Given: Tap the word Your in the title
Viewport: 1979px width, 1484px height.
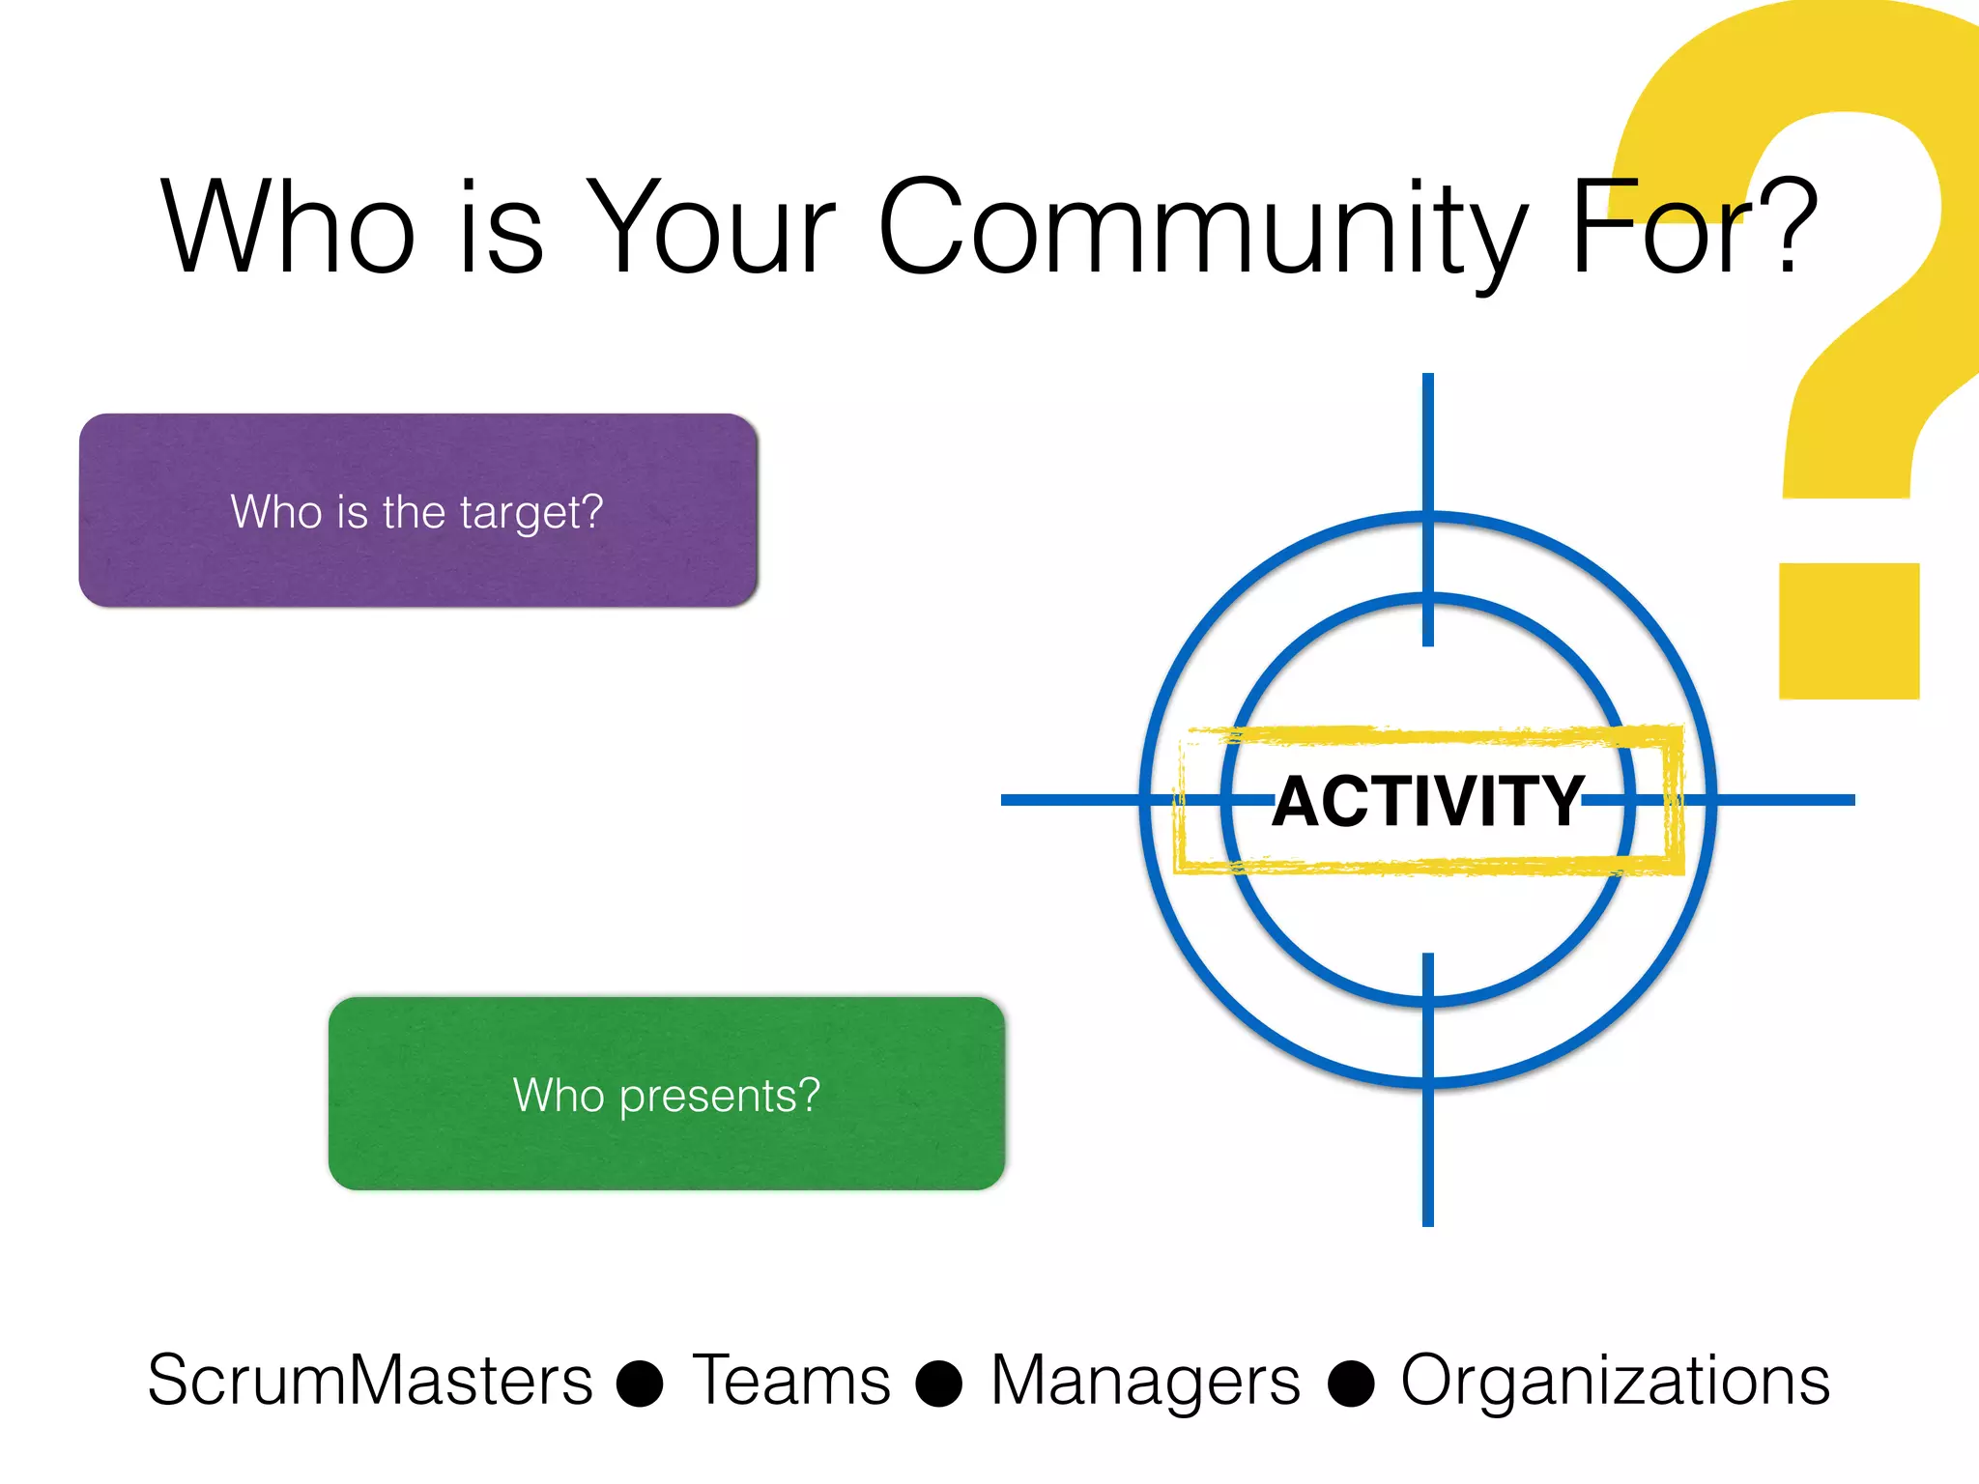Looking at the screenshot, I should pos(711,229).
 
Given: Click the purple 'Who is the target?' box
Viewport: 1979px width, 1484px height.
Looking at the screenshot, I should pos(417,511).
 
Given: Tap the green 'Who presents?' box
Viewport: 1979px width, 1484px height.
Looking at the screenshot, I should pos(667,1094).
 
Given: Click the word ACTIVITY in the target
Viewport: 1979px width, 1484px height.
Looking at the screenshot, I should pos(1427,802).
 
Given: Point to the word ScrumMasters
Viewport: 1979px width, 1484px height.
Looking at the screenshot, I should pos(370,1380).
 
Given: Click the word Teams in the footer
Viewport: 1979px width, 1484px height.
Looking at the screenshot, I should pos(790,1380).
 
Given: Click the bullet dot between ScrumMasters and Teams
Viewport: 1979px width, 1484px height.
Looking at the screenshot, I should pos(640,1384).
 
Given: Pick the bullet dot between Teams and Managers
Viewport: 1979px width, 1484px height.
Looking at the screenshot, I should pos(939,1384).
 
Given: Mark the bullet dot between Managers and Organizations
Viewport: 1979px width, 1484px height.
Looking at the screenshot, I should pos(1351,1384).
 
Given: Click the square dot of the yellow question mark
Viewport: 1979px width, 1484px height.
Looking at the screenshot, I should pos(1849,631).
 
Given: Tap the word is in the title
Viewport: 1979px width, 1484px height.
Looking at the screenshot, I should pos(501,229).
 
